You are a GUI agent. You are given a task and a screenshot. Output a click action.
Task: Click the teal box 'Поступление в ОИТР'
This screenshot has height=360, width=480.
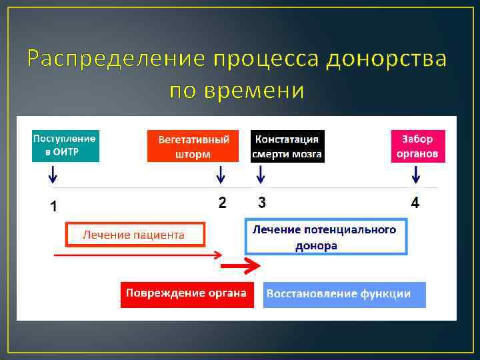click(x=65, y=146)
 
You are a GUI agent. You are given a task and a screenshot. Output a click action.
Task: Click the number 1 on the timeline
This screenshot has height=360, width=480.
click(x=54, y=207)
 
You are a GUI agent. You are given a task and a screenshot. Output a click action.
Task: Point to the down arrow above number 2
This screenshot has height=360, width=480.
click(x=221, y=175)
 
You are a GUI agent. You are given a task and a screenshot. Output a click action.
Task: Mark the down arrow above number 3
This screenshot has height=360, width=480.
click(x=261, y=175)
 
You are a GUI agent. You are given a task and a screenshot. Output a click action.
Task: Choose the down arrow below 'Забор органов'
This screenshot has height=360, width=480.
click(x=416, y=175)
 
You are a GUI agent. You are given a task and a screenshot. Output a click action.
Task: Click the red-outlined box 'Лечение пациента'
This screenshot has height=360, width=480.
click(x=134, y=235)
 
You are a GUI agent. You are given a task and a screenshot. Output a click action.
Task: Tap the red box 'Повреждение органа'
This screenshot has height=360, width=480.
click(x=187, y=294)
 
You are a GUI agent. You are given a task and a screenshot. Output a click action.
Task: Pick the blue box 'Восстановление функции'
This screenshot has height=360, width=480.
click(x=344, y=294)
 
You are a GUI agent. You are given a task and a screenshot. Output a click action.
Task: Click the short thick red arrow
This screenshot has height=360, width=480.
click(x=239, y=267)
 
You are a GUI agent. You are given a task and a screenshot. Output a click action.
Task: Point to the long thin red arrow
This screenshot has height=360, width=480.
click(x=137, y=254)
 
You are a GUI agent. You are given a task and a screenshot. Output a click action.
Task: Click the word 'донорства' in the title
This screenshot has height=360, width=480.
click(x=387, y=59)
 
